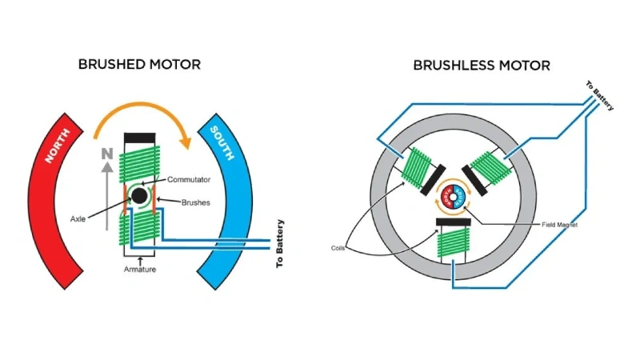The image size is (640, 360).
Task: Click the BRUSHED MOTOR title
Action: [x=139, y=64]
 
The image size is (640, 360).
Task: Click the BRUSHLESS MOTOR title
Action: [x=482, y=65]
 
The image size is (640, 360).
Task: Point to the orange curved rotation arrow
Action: [x=141, y=120]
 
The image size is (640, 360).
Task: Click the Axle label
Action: [x=78, y=216]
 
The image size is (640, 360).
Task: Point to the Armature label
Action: [x=140, y=270]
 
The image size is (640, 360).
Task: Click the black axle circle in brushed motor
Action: [x=139, y=195]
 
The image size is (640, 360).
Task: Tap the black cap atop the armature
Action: [x=138, y=138]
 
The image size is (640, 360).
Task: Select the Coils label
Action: [x=341, y=247]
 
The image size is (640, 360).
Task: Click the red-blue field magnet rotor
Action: [x=454, y=194]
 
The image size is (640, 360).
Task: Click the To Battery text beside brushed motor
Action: [x=280, y=243]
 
